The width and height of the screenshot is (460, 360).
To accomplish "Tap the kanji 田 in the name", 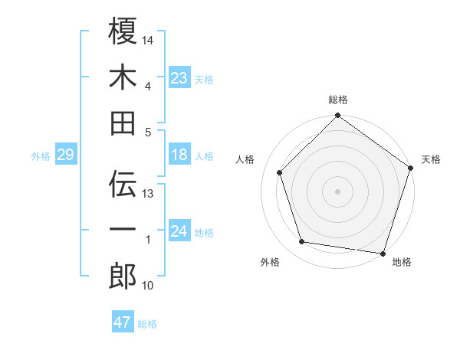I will [123, 123].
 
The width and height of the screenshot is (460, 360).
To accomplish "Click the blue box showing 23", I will [179, 77].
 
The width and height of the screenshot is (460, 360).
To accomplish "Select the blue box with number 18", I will [179, 155].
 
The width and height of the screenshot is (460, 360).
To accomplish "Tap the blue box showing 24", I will [179, 232].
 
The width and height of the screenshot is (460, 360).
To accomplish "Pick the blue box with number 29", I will [65, 155].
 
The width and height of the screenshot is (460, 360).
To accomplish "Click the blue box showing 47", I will [123, 322].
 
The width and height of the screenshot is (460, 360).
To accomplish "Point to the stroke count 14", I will [149, 39].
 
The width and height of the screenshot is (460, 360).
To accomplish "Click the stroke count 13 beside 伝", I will [149, 194].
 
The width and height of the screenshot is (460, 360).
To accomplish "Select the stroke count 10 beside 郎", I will [149, 286].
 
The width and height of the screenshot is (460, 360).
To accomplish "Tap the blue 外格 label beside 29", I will [41, 156].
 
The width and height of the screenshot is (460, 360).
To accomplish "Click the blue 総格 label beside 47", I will [147, 324].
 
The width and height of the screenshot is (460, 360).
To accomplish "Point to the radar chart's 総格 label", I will [338, 100].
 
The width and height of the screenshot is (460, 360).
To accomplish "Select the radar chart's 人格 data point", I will [280, 172].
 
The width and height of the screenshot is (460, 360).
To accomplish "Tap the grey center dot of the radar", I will [338, 191].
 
